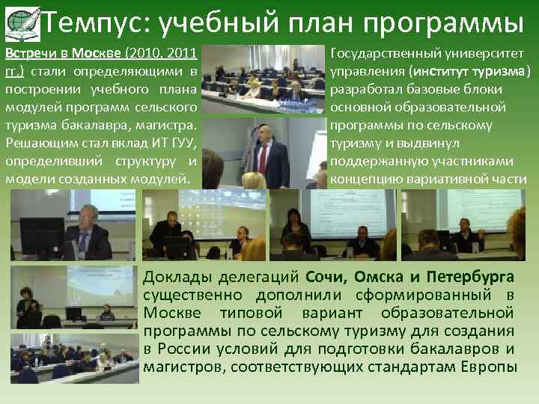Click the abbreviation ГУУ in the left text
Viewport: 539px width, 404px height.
pos(184,144)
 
